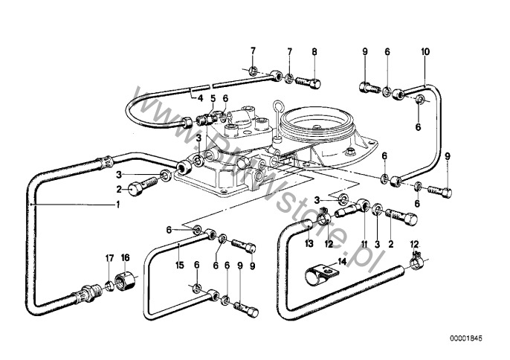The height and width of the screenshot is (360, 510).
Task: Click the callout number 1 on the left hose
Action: click(x=117, y=205)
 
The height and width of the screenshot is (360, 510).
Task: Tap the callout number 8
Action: click(x=314, y=51)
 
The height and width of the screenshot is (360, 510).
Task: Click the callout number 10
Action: click(x=425, y=51)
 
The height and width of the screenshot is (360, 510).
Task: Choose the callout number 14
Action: click(x=341, y=260)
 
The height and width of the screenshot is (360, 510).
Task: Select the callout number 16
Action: click(x=126, y=257)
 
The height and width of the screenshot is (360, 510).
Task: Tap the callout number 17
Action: click(x=109, y=257)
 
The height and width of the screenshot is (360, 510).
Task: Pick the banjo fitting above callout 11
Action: click(x=362, y=206)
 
